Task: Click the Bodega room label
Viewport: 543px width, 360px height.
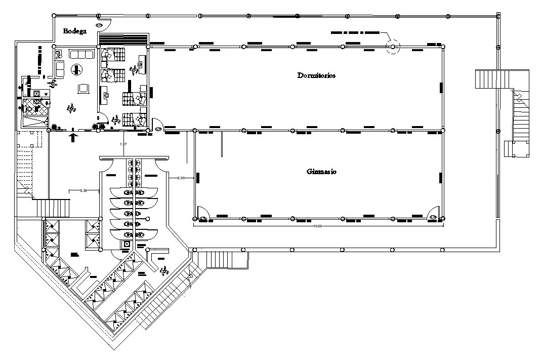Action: pyautogui.click(x=75, y=31)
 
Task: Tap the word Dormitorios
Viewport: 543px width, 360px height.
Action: pyautogui.click(x=316, y=75)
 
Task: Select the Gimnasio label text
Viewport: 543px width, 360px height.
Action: pyautogui.click(x=321, y=172)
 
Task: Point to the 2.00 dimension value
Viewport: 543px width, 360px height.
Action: pyautogui.click(x=181, y=178)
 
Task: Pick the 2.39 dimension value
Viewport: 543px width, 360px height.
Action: pyautogui.click(x=85, y=190)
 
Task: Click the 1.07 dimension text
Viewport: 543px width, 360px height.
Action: pyautogui.click(x=123, y=145)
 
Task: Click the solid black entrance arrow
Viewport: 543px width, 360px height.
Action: pyautogui.click(x=74, y=136)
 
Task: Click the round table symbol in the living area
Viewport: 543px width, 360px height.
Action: pyautogui.click(x=77, y=69)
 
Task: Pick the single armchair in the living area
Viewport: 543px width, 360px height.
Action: pyautogui.click(x=83, y=89)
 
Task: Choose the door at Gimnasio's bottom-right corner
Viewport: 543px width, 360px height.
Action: pyautogui.click(x=433, y=214)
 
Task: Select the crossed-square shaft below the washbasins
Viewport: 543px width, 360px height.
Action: pyautogui.click(x=127, y=245)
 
